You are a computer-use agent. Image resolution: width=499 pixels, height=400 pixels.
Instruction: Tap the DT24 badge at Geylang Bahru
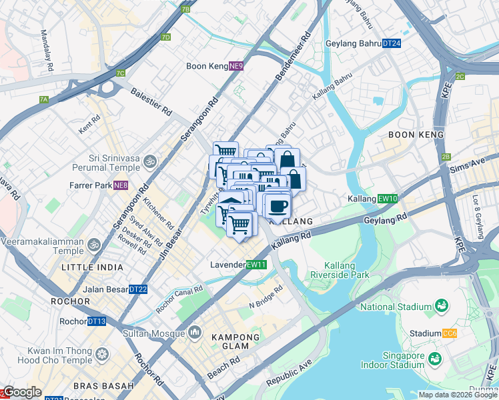coord(392,44)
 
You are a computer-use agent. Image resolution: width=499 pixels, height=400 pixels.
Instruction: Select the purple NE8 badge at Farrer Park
coord(120,185)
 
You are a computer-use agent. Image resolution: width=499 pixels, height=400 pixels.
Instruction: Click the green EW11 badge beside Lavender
coord(256,265)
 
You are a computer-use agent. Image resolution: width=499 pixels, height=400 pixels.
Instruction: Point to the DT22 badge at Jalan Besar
coord(137,289)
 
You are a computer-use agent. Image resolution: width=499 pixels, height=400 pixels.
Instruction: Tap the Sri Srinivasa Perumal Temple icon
coord(150,161)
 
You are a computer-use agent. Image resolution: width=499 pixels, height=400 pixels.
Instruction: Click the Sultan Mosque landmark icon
coord(195,331)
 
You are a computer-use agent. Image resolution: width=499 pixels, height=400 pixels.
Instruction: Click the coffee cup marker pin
coord(277,206)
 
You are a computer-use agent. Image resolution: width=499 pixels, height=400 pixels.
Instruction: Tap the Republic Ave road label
coord(289,373)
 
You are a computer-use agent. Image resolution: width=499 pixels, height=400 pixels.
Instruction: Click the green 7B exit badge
coord(185,9)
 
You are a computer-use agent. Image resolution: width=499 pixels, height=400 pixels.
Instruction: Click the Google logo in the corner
coord(23,392)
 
